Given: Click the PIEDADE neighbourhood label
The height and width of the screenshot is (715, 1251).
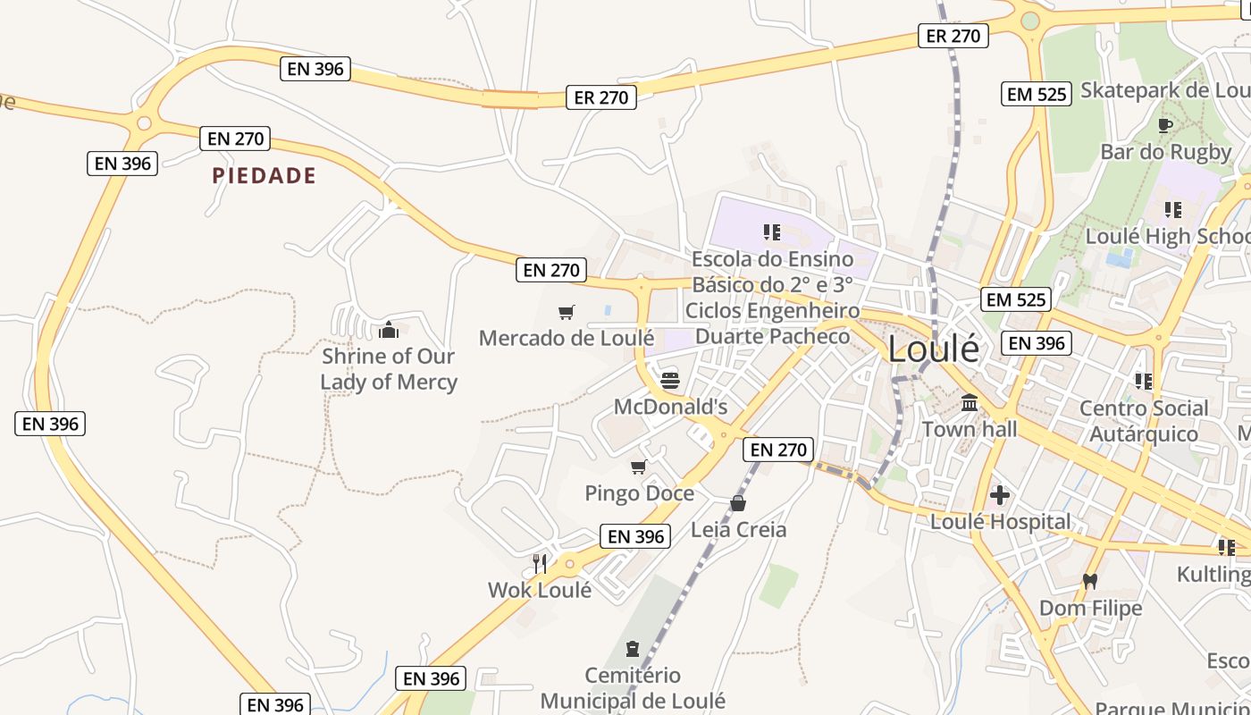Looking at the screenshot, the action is pyautogui.click(x=264, y=175).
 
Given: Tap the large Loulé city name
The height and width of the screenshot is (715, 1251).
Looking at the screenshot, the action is pyautogui.click(x=933, y=349).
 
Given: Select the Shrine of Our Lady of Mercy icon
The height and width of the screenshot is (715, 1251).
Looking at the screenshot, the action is pyautogui.click(x=389, y=331).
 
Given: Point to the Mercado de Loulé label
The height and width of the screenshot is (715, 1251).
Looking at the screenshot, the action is pyautogui.click(x=567, y=338).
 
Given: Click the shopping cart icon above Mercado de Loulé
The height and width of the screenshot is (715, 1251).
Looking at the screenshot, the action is pyautogui.click(x=566, y=312).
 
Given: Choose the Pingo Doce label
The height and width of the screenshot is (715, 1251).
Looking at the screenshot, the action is pyautogui.click(x=639, y=493).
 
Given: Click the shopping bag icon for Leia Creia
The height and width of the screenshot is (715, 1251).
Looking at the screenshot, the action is pyautogui.click(x=738, y=503).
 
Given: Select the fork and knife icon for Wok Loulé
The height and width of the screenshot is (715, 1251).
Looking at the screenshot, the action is pyautogui.click(x=540, y=563).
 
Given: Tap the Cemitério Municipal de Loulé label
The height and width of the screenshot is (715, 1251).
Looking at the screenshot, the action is pyautogui.click(x=633, y=688).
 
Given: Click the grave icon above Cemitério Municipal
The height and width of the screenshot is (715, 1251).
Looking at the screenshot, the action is pyautogui.click(x=633, y=648).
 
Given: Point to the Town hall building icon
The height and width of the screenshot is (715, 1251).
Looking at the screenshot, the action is pyautogui.click(x=970, y=403).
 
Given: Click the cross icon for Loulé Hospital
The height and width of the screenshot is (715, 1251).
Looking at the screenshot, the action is pyautogui.click(x=1000, y=494).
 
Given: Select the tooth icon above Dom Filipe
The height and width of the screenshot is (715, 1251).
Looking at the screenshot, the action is pyautogui.click(x=1089, y=581).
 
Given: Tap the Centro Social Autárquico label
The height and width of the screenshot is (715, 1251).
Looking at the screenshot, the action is pyautogui.click(x=1144, y=421).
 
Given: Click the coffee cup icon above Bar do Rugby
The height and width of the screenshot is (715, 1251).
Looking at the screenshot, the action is pyautogui.click(x=1164, y=125).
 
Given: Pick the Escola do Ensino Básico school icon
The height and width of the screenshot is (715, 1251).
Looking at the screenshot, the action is pyautogui.click(x=772, y=232).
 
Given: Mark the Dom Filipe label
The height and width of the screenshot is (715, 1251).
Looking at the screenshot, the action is pyautogui.click(x=1090, y=609).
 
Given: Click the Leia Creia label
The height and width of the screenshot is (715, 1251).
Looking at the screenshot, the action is pyautogui.click(x=738, y=530).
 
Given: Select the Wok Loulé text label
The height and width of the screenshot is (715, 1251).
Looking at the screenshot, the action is pyautogui.click(x=540, y=590).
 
